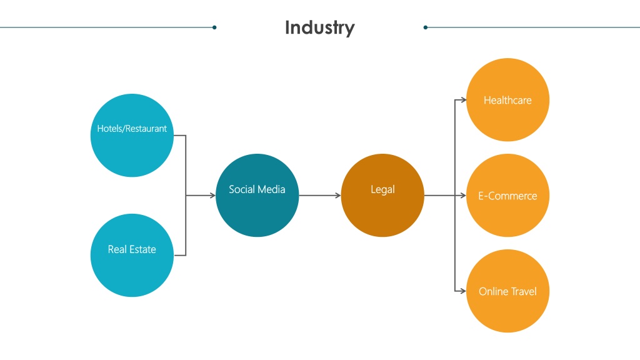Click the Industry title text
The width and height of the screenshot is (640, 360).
(319, 27)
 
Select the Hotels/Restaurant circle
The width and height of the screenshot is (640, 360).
(132, 135)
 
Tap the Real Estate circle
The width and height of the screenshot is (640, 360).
(132, 255)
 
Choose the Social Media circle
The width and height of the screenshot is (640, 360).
(257, 195)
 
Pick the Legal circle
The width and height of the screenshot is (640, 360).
(382, 195)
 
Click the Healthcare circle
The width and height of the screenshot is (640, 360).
(507, 99)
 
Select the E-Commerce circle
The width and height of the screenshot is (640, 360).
(507, 195)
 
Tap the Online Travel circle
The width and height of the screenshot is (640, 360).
(507, 291)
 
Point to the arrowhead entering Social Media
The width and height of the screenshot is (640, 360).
(212, 196)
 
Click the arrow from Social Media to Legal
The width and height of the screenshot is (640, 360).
(320, 196)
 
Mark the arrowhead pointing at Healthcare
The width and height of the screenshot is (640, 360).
(463, 99)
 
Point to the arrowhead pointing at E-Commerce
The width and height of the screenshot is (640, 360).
(463, 196)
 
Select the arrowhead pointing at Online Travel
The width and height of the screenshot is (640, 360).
(463, 291)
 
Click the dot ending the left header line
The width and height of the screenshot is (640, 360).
(214, 27)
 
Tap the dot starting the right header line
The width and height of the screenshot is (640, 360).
(425, 27)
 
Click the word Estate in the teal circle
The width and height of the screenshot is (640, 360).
(143, 249)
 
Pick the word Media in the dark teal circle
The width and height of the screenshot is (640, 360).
(274, 189)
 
